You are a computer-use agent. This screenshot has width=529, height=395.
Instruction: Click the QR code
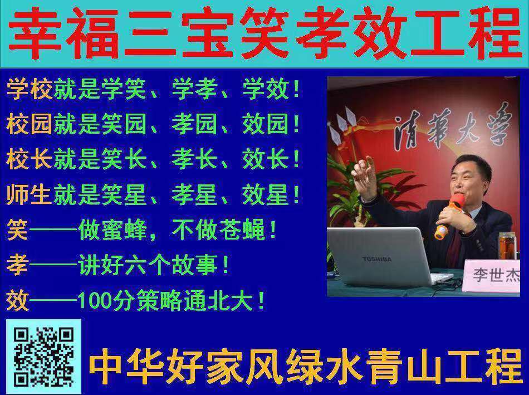44,357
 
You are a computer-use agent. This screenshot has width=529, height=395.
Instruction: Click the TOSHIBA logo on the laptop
377,259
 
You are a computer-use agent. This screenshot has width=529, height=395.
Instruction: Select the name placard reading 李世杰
492,275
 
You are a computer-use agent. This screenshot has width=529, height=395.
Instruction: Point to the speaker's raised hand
364,177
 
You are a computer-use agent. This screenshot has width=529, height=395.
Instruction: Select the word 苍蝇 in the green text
242,230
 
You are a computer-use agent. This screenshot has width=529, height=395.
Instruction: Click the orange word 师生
29,195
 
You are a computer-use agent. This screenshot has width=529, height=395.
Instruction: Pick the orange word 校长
29,159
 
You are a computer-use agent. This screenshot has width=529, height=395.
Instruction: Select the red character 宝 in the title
207,33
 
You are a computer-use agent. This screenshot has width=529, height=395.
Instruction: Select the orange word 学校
29,89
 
